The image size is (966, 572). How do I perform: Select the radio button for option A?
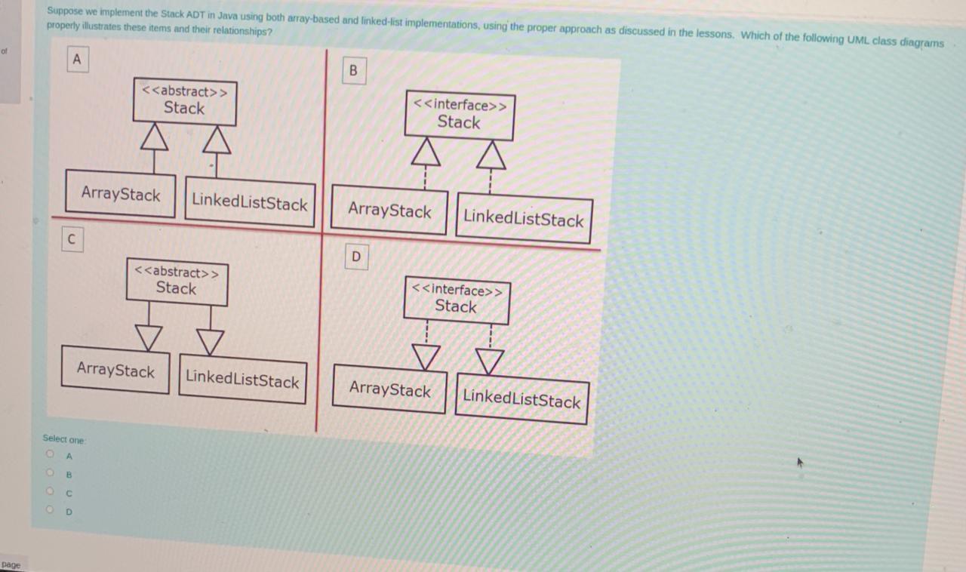pos(51,455)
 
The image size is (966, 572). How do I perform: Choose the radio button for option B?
pos(51,474)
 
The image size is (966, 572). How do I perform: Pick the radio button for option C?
pos(51,492)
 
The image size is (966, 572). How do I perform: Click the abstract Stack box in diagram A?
pos(185,101)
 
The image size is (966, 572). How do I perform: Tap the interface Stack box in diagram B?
pos(459,115)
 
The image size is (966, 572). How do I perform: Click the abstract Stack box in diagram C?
pos(177,281)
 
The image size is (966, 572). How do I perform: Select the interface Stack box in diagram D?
pos(457,300)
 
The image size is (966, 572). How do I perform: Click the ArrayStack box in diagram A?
pos(121,194)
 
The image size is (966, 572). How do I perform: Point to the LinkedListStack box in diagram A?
pos(250,201)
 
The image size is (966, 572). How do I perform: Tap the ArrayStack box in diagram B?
pos(389,210)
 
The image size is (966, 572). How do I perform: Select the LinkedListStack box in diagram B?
pos(523,219)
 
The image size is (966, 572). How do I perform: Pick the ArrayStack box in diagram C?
pos(115,370)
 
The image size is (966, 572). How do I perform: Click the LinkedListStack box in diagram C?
pos(242,380)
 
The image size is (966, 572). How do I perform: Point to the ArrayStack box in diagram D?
pos(389,389)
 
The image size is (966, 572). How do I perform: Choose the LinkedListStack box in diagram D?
pos(521,398)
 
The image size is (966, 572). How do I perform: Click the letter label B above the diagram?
pos(353,71)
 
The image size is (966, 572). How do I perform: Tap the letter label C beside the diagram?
pos(71,239)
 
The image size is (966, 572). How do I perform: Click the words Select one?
pos(64,438)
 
